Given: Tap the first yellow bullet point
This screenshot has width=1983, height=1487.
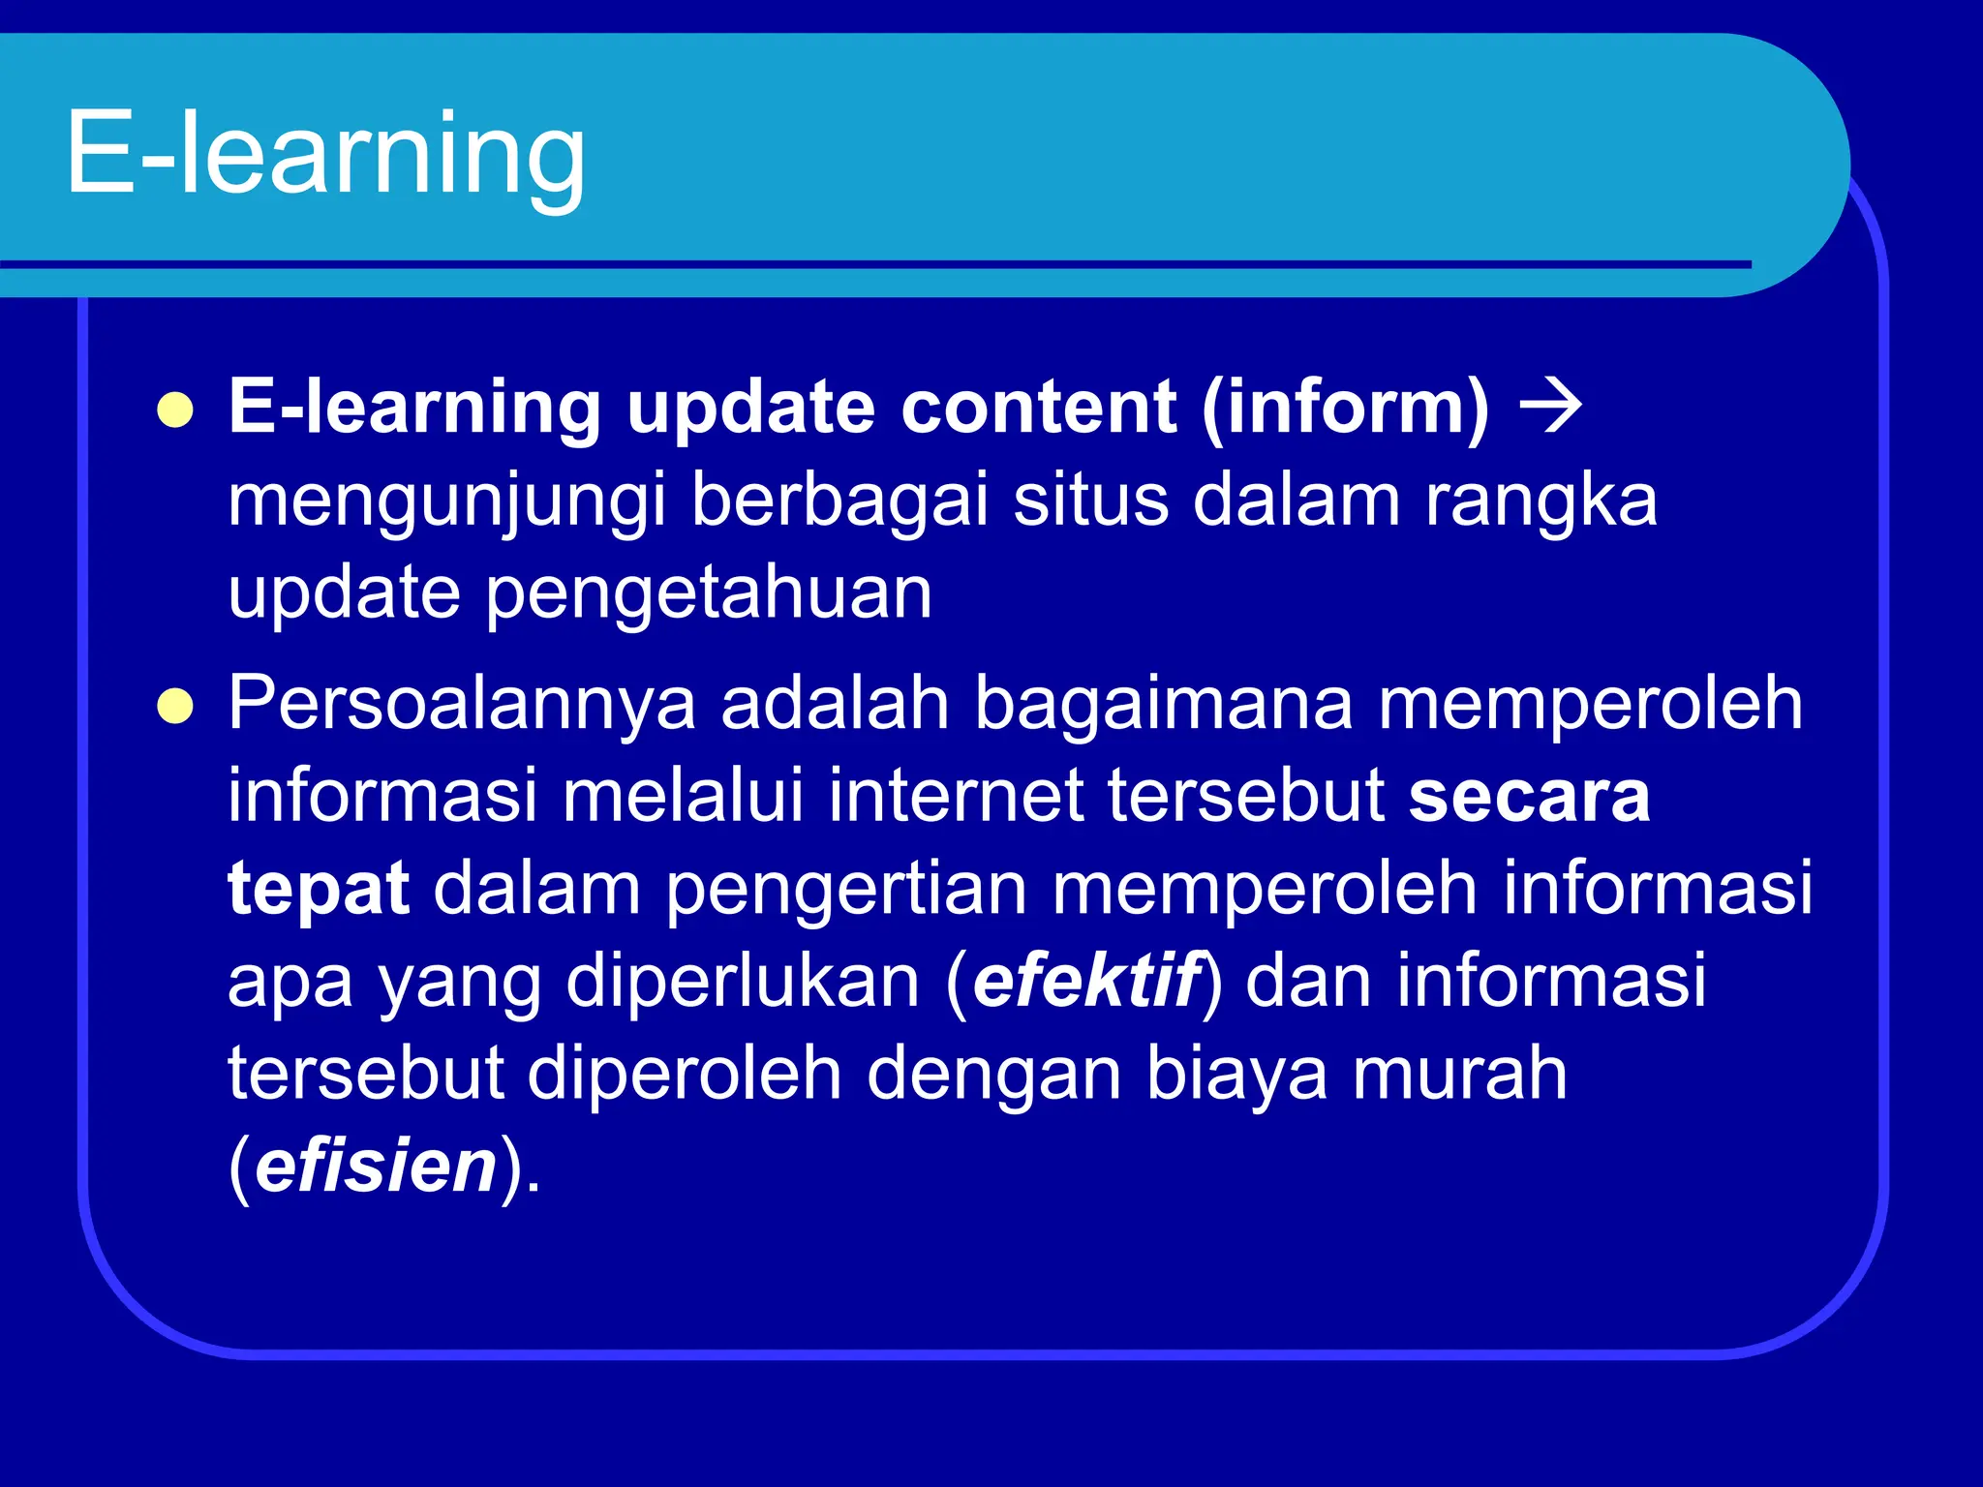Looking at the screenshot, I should pyautogui.click(x=175, y=410).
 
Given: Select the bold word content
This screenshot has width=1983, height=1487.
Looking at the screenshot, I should pyautogui.click(x=1038, y=408).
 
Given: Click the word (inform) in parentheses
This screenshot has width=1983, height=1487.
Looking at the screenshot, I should pyautogui.click(x=1345, y=408).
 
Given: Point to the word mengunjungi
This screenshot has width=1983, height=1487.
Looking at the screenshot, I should pyautogui.click(x=446, y=501).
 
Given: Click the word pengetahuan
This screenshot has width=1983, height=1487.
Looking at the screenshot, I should pyautogui.click(x=708, y=593).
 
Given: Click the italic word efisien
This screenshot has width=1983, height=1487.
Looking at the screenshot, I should pyautogui.click(x=377, y=1166).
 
